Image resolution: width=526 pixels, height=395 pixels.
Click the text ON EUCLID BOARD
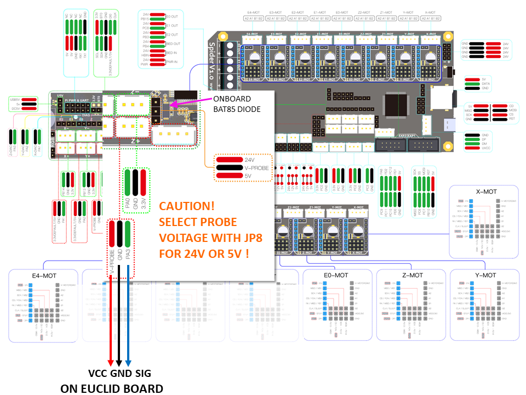(111, 388)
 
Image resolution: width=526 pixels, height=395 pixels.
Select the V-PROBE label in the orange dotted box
(258, 168)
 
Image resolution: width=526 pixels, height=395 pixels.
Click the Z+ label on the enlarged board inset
(134, 140)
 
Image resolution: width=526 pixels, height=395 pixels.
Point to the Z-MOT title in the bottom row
(412, 275)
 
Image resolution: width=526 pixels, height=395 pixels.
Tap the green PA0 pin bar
(128, 187)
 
